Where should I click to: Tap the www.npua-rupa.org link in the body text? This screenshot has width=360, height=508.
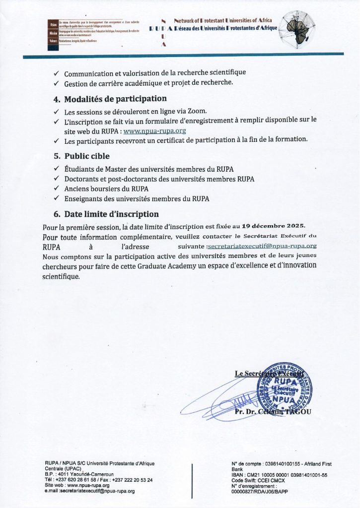tap(154, 131)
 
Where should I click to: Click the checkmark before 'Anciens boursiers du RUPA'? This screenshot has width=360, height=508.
tap(57, 189)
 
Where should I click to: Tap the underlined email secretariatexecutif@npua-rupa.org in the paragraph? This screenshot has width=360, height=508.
tap(262, 246)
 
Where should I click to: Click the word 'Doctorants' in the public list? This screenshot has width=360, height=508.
tap(83, 179)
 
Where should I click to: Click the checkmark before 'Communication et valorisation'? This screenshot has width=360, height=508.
tap(57, 72)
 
